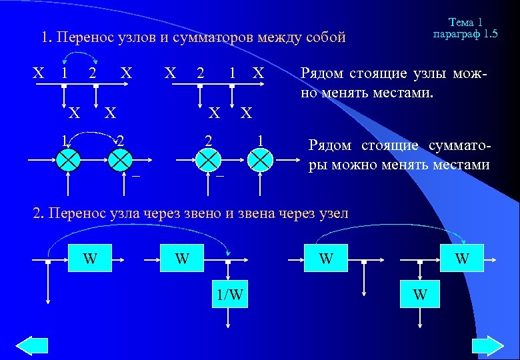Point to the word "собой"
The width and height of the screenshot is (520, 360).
324,37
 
